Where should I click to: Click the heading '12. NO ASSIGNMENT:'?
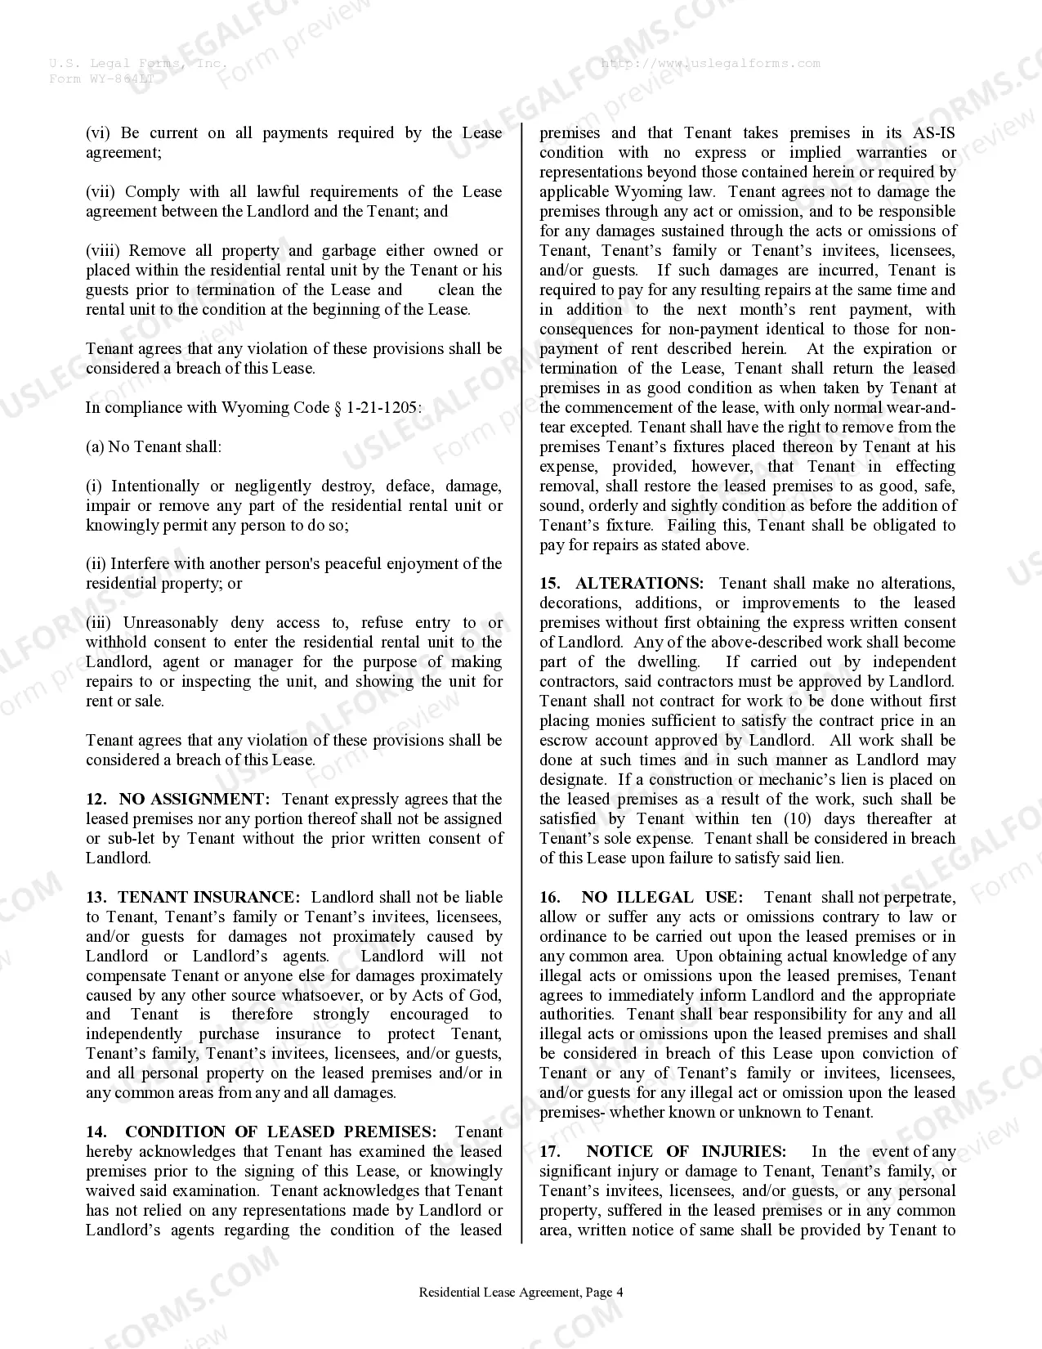(177, 799)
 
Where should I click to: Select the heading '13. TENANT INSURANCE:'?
(193, 897)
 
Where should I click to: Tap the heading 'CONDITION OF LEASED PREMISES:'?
(280, 1132)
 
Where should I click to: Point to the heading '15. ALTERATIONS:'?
(621, 583)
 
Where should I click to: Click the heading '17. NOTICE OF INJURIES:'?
(663, 1151)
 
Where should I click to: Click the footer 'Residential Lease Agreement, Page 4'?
(521, 1293)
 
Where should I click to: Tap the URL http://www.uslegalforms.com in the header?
(710, 63)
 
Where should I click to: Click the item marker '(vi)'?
(97, 133)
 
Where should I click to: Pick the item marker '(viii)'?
(103, 251)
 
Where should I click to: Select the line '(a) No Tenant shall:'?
(154, 446)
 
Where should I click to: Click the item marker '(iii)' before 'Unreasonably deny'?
(100, 623)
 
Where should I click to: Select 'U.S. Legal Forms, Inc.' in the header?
(137, 63)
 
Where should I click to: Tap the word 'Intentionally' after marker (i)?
(154, 486)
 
